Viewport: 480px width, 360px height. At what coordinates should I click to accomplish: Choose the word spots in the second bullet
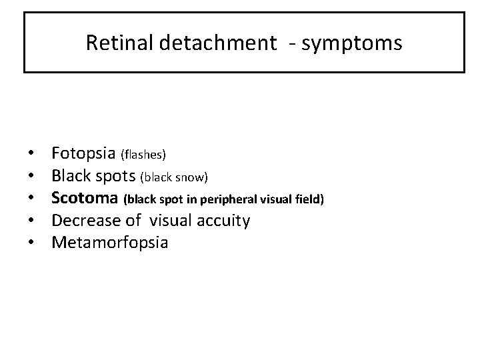(x=115, y=177)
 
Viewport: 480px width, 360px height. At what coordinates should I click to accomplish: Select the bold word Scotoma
(x=86, y=198)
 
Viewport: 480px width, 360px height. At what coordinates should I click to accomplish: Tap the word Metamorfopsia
(x=110, y=242)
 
